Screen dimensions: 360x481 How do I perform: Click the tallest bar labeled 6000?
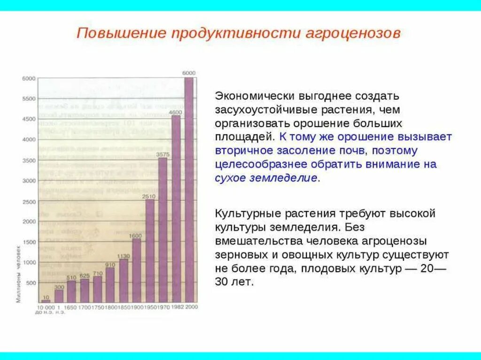[188, 188]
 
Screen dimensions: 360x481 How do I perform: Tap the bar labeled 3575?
[163, 230]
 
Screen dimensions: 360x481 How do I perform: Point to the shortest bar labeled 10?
[46, 301]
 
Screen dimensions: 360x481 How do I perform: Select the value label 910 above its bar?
[110, 265]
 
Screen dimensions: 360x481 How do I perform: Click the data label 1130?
[123, 256]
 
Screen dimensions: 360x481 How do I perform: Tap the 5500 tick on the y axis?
[29, 99]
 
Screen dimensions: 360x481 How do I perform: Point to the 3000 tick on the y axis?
[29, 181]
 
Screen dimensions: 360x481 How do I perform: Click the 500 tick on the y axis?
[31, 283]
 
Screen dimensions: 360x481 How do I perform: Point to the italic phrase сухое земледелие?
[266, 178]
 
